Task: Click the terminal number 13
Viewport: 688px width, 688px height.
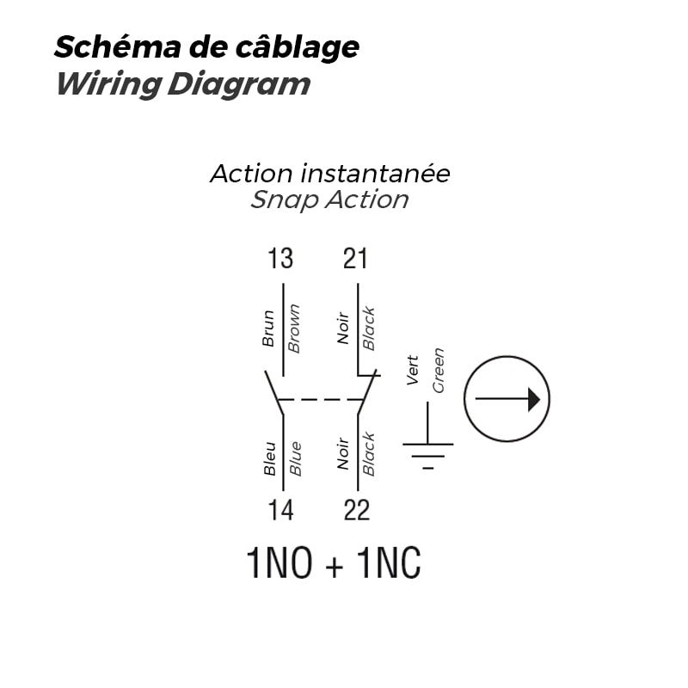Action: (280, 258)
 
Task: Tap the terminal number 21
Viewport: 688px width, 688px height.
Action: (355, 258)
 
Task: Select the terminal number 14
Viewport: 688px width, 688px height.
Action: (280, 510)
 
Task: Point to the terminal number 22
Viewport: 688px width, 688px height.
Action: (356, 510)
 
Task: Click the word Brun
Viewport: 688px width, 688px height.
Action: (268, 328)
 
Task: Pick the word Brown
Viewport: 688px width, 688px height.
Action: (294, 328)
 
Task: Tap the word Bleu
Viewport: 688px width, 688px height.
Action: (270, 458)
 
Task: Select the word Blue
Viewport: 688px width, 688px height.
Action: (295, 458)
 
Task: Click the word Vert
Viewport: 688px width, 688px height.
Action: (413, 370)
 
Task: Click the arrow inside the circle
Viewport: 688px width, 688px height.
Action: (507, 399)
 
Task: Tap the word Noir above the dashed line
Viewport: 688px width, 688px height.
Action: (343, 328)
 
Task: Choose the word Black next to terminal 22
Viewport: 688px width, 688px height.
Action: (369, 453)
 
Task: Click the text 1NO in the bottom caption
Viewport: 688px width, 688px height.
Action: (279, 564)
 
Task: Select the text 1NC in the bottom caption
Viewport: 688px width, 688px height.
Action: (389, 564)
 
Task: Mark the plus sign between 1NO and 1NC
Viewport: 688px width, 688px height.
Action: (334, 566)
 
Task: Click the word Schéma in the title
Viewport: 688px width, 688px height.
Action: (106, 47)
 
